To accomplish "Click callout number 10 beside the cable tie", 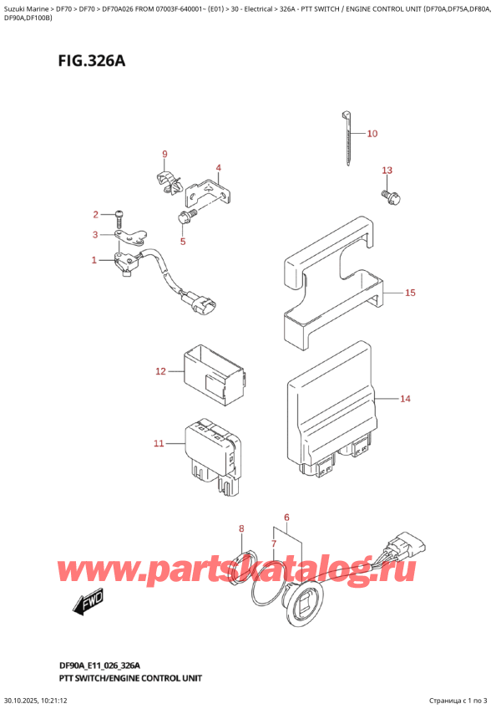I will click(x=372, y=134).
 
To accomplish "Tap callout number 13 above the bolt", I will click(x=387, y=171).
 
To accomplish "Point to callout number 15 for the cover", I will click(x=410, y=293).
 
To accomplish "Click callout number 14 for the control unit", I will click(x=404, y=399).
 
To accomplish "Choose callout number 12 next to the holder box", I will click(x=161, y=370).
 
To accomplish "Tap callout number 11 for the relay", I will click(x=159, y=443).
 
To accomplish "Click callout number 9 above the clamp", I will click(x=164, y=154).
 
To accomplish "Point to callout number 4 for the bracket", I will click(x=218, y=168).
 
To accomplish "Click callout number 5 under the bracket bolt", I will click(x=183, y=242).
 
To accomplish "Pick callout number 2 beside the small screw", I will click(x=96, y=214).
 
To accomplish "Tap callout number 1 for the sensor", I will click(x=94, y=261).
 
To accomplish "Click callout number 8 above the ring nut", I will click(x=241, y=528).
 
